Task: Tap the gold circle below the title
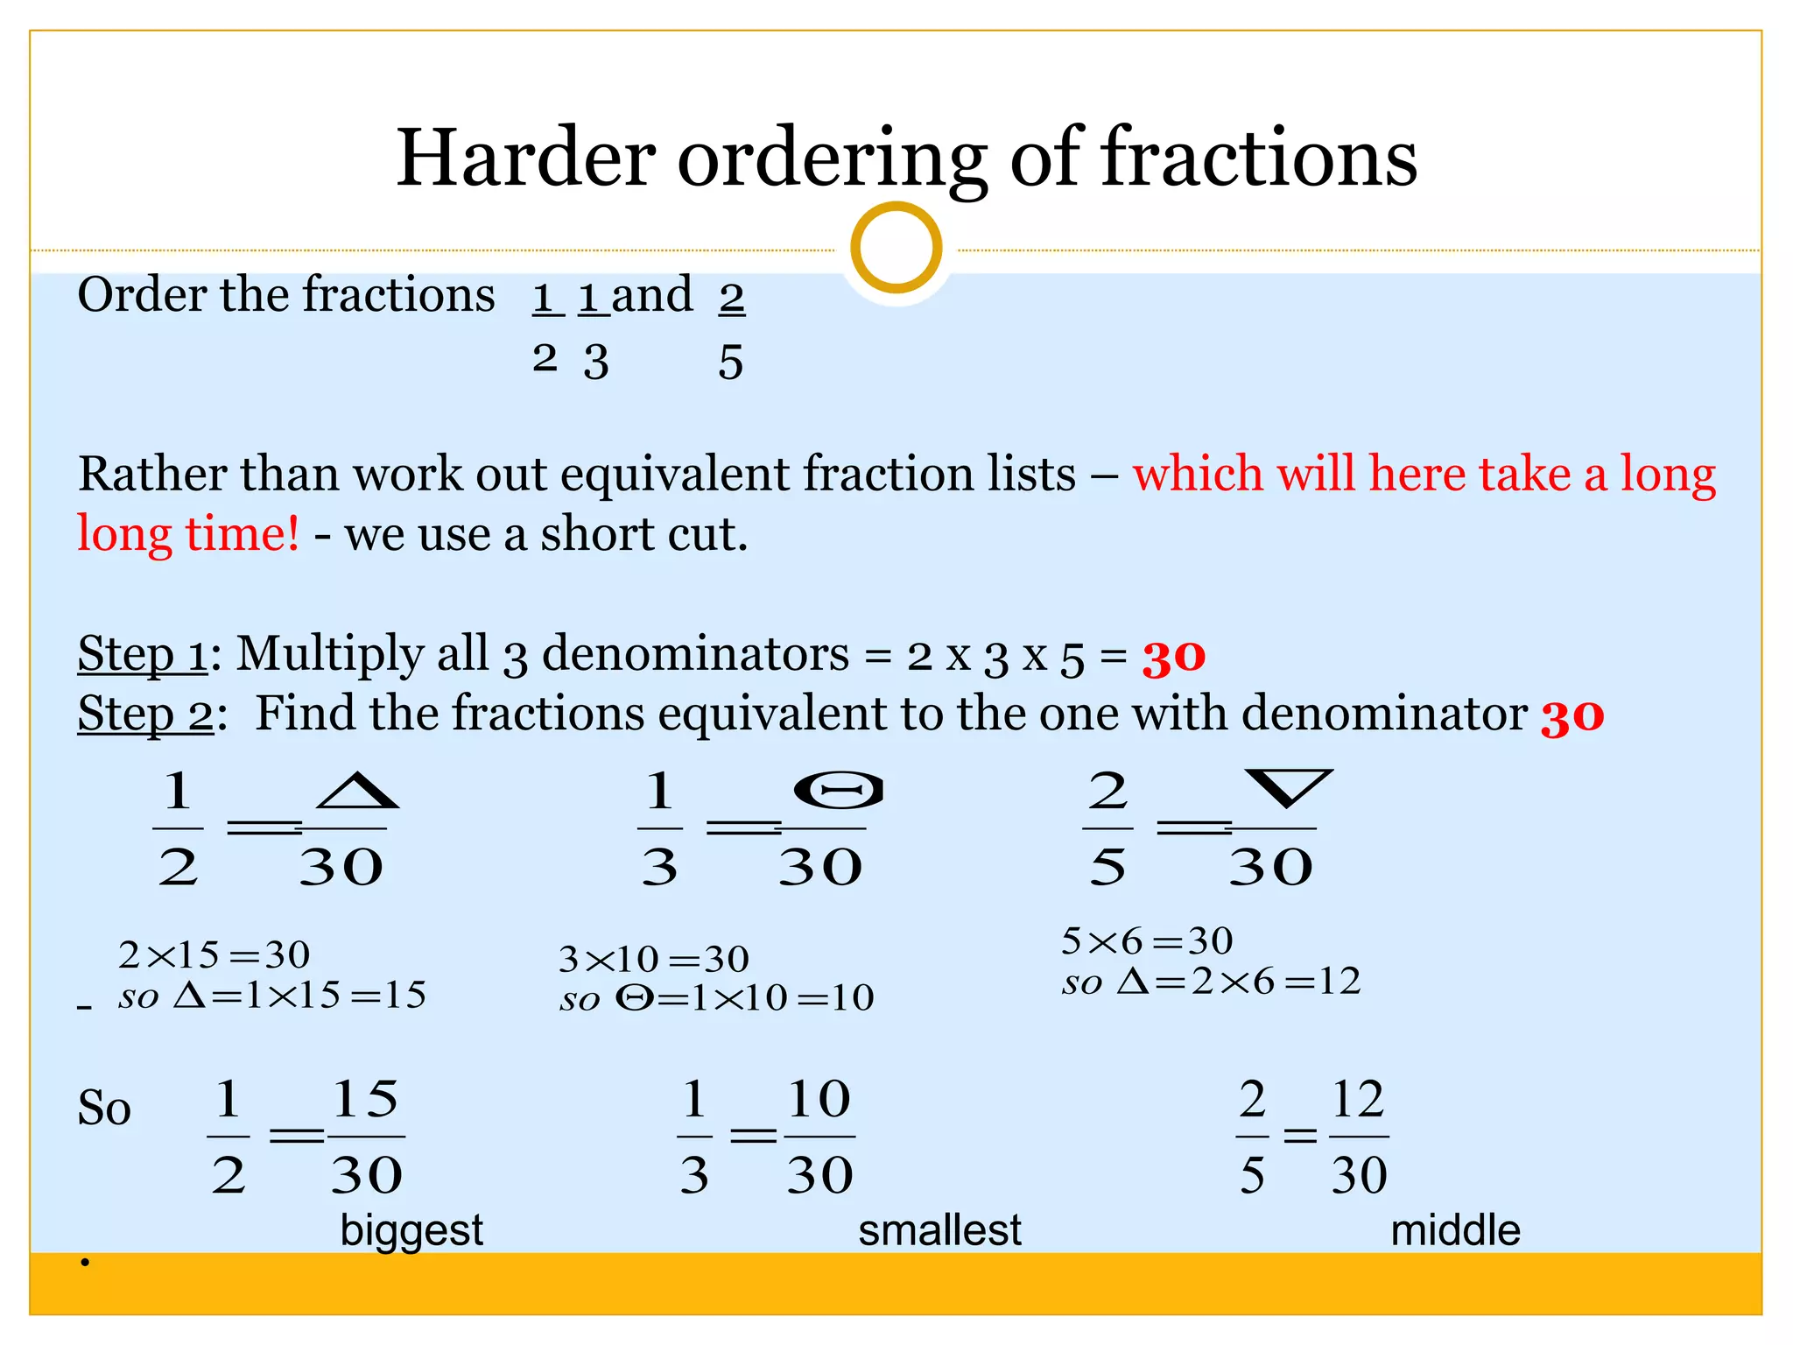[x=896, y=248]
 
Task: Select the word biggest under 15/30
[x=411, y=1229]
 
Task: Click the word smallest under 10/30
[x=939, y=1229]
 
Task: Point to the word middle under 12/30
[x=1455, y=1229]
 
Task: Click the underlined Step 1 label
[x=143, y=654]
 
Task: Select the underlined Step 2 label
[x=145, y=714]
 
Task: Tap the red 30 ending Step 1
[x=1173, y=657]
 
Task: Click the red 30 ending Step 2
[x=1572, y=716]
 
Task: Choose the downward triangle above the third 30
[x=1288, y=787]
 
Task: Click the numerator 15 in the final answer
[x=365, y=1099]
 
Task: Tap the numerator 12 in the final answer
[x=1357, y=1099]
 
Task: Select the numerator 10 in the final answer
[x=819, y=1099]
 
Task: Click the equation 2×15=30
[x=214, y=954]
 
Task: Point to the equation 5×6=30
[x=1147, y=941]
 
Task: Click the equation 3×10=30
[x=654, y=960]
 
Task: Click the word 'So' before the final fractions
[x=104, y=1108]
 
